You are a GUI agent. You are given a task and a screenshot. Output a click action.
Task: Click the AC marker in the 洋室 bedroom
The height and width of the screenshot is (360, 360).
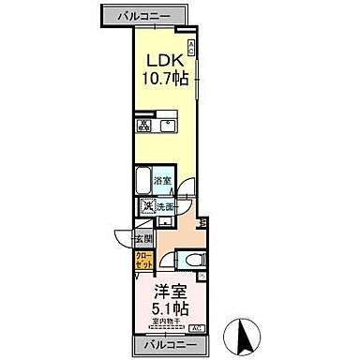pos(197,328)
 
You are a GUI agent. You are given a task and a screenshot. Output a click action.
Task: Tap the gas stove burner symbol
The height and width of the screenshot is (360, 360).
pos(144,125)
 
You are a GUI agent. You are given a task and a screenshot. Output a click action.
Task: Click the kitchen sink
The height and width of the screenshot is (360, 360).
pos(168,125)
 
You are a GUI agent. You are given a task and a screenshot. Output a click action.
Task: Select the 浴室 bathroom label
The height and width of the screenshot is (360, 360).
pos(162,180)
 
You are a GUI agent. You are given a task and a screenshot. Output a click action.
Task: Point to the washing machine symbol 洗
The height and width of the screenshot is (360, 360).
pos(148,207)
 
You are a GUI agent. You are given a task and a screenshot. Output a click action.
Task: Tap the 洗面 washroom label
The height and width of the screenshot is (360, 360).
pos(166,207)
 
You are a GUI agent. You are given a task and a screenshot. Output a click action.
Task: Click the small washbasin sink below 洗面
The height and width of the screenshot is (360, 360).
pos(162,222)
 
